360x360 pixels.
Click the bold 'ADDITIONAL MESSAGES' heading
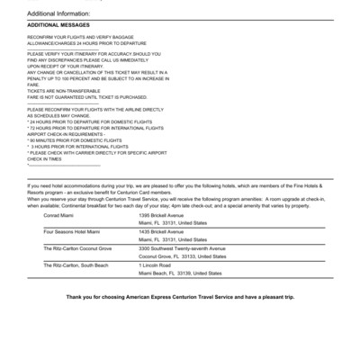(55, 25)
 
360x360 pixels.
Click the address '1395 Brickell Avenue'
(166, 216)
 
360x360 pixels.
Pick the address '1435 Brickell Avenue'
(166, 231)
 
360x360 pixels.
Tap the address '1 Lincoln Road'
(157, 265)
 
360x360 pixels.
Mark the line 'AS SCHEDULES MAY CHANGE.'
(58, 115)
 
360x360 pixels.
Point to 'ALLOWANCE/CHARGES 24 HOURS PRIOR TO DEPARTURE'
(85, 42)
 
